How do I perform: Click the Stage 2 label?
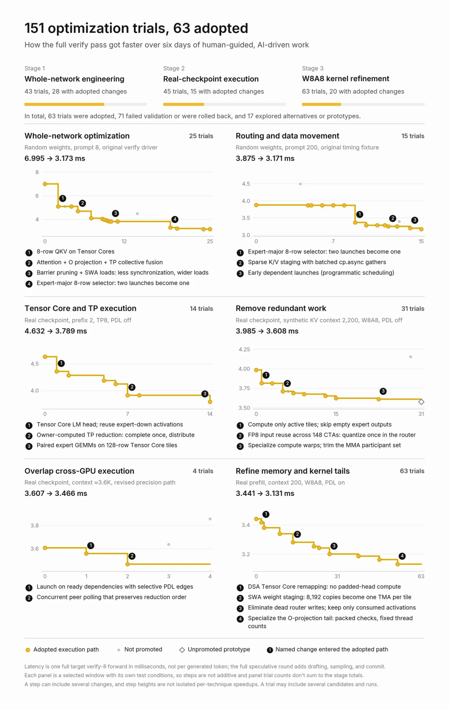click(174, 68)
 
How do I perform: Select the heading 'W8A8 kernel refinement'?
click(345, 79)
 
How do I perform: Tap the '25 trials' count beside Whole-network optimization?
click(201, 136)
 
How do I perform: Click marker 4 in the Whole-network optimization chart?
click(175, 219)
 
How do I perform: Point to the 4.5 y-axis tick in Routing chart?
click(246, 184)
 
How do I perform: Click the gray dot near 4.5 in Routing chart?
click(300, 184)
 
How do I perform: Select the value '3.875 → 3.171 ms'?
click(265, 158)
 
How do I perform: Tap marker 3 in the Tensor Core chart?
click(205, 393)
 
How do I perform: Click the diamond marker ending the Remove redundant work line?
click(421, 402)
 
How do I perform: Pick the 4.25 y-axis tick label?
click(244, 349)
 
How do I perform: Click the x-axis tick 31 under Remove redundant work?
click(421, 414)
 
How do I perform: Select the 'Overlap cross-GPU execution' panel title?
click(79, 471)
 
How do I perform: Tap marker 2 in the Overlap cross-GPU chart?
click(132, 556)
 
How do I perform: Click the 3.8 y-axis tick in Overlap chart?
click(35, 525)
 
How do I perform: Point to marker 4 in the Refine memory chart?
click(402, 556)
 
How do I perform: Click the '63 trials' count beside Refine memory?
click(412, 471)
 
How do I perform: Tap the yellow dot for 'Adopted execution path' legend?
click(28, 650)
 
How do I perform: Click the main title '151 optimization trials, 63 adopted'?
click(136, 28)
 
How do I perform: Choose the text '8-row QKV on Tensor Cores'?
click(75, 251)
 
